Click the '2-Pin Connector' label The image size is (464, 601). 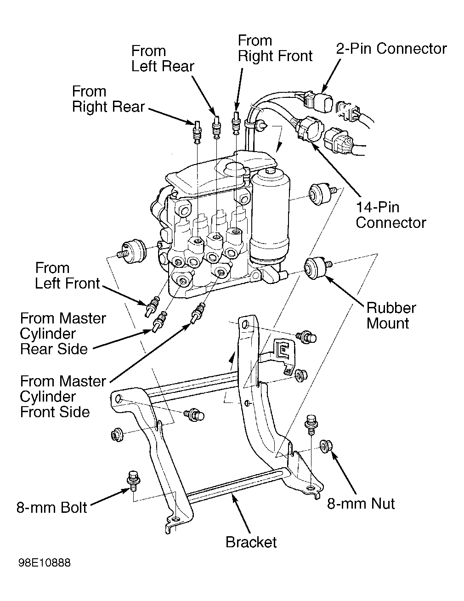pyautogui.click(x=391, y=49)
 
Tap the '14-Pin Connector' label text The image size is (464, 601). pyautogui.click(x=390, y=215)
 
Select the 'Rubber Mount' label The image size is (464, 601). pyautogui.click(x=390, y=315)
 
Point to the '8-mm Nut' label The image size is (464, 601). pyautogui.click(x=361, y=504)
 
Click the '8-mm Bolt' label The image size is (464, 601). pyautogui.click(x=52, y=507)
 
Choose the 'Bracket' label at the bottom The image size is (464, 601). pyautogui.click(x=251, y=542)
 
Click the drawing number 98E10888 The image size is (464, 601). pyautogui.click(x=45, y=563)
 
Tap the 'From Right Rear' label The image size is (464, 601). pyautogui.click(x=108, y=99)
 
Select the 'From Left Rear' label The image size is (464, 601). pyautogui.click(x=163, y=58)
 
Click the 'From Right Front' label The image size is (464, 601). pyautogui.click(x=275, y=48)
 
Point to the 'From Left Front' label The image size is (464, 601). pyautogui.click(x=67, y=275)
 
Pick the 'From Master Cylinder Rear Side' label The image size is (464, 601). pyautogui.click(x=63, y=334)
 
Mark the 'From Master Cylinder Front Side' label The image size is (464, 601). pyautogui.click(x=63, y=396)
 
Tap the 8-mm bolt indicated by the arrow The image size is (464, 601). pyautogui.click(x=133, y=479)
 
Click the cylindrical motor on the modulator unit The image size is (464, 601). pyautogui.click(x=271, y=216)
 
